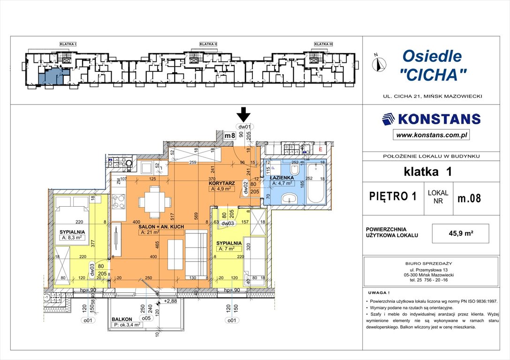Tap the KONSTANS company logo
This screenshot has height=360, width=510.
(431, 119)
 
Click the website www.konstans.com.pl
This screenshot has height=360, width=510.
(432, 135)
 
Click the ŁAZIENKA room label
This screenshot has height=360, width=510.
(282, 178)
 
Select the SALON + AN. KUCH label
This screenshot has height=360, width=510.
(161, 226)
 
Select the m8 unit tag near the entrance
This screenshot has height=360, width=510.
(229, 136)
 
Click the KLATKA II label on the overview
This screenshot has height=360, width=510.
(208, 44)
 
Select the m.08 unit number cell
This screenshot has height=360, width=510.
(469, 198)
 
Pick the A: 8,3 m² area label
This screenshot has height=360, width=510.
(72, 238)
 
